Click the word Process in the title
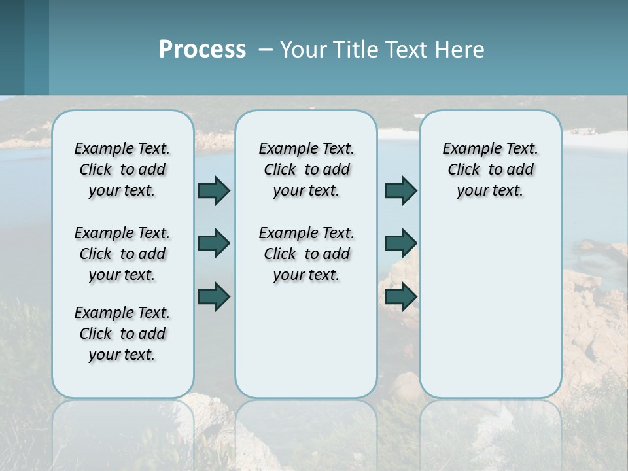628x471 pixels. tap(202, 50)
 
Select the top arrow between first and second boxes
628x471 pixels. tap(214, 190)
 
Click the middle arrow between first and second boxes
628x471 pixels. tap(214, 243)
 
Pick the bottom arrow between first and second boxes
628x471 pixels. tap(214, 296)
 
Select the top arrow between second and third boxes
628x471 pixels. tap(400, 190)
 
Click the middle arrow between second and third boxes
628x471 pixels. tap(400, 243)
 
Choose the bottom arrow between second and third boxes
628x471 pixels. tap(400, 296)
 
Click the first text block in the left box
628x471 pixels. tap(122, 169)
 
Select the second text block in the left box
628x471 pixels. tap(122, 254)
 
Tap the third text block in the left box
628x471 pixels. tap(122, 334)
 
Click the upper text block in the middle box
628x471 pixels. tap(306, 169)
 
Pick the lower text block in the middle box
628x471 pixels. tap(306, 254)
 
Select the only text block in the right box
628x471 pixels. tap(490, 169)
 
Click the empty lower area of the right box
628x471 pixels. tap(490, 307)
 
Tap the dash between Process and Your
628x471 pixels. tap(266, 50)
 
